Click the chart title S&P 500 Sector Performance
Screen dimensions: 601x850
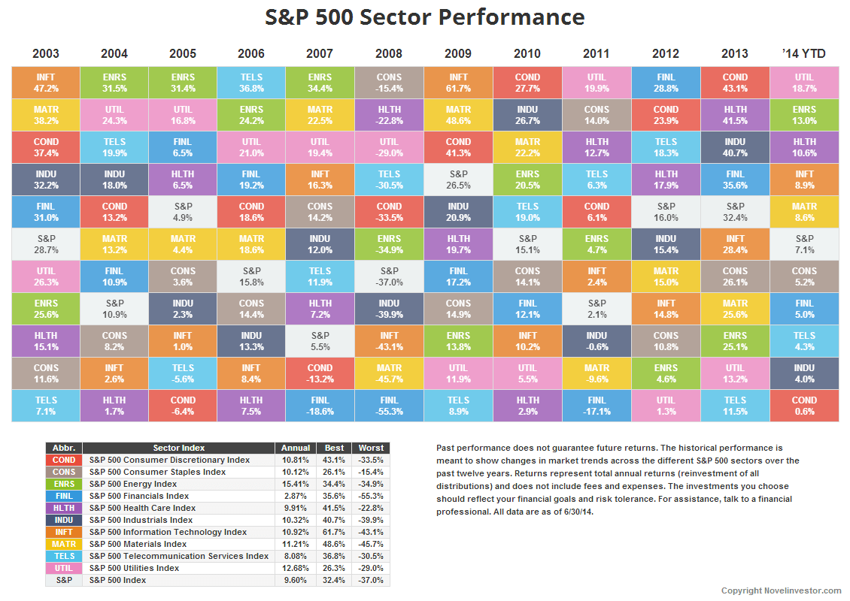424,17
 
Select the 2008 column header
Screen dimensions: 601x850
389,53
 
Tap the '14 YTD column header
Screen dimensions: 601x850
804,53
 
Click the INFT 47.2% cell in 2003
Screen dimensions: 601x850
46,83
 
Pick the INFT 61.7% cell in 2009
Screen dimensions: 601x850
458,83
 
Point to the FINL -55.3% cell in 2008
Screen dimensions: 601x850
389,406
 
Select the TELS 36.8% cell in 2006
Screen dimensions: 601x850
250,83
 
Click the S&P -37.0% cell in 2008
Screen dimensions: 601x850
389,276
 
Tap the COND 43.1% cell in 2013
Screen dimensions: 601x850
735,83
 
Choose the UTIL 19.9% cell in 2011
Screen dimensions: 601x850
597,83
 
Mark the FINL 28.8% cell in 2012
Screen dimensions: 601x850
666,83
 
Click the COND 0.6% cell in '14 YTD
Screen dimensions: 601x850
804,406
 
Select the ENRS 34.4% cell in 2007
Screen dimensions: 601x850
320,83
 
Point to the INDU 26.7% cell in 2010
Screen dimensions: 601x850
527,115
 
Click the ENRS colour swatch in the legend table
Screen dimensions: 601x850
64,484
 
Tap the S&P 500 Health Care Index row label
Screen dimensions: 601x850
142,508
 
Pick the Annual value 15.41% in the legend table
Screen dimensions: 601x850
293,484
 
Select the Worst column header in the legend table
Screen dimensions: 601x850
371,448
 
